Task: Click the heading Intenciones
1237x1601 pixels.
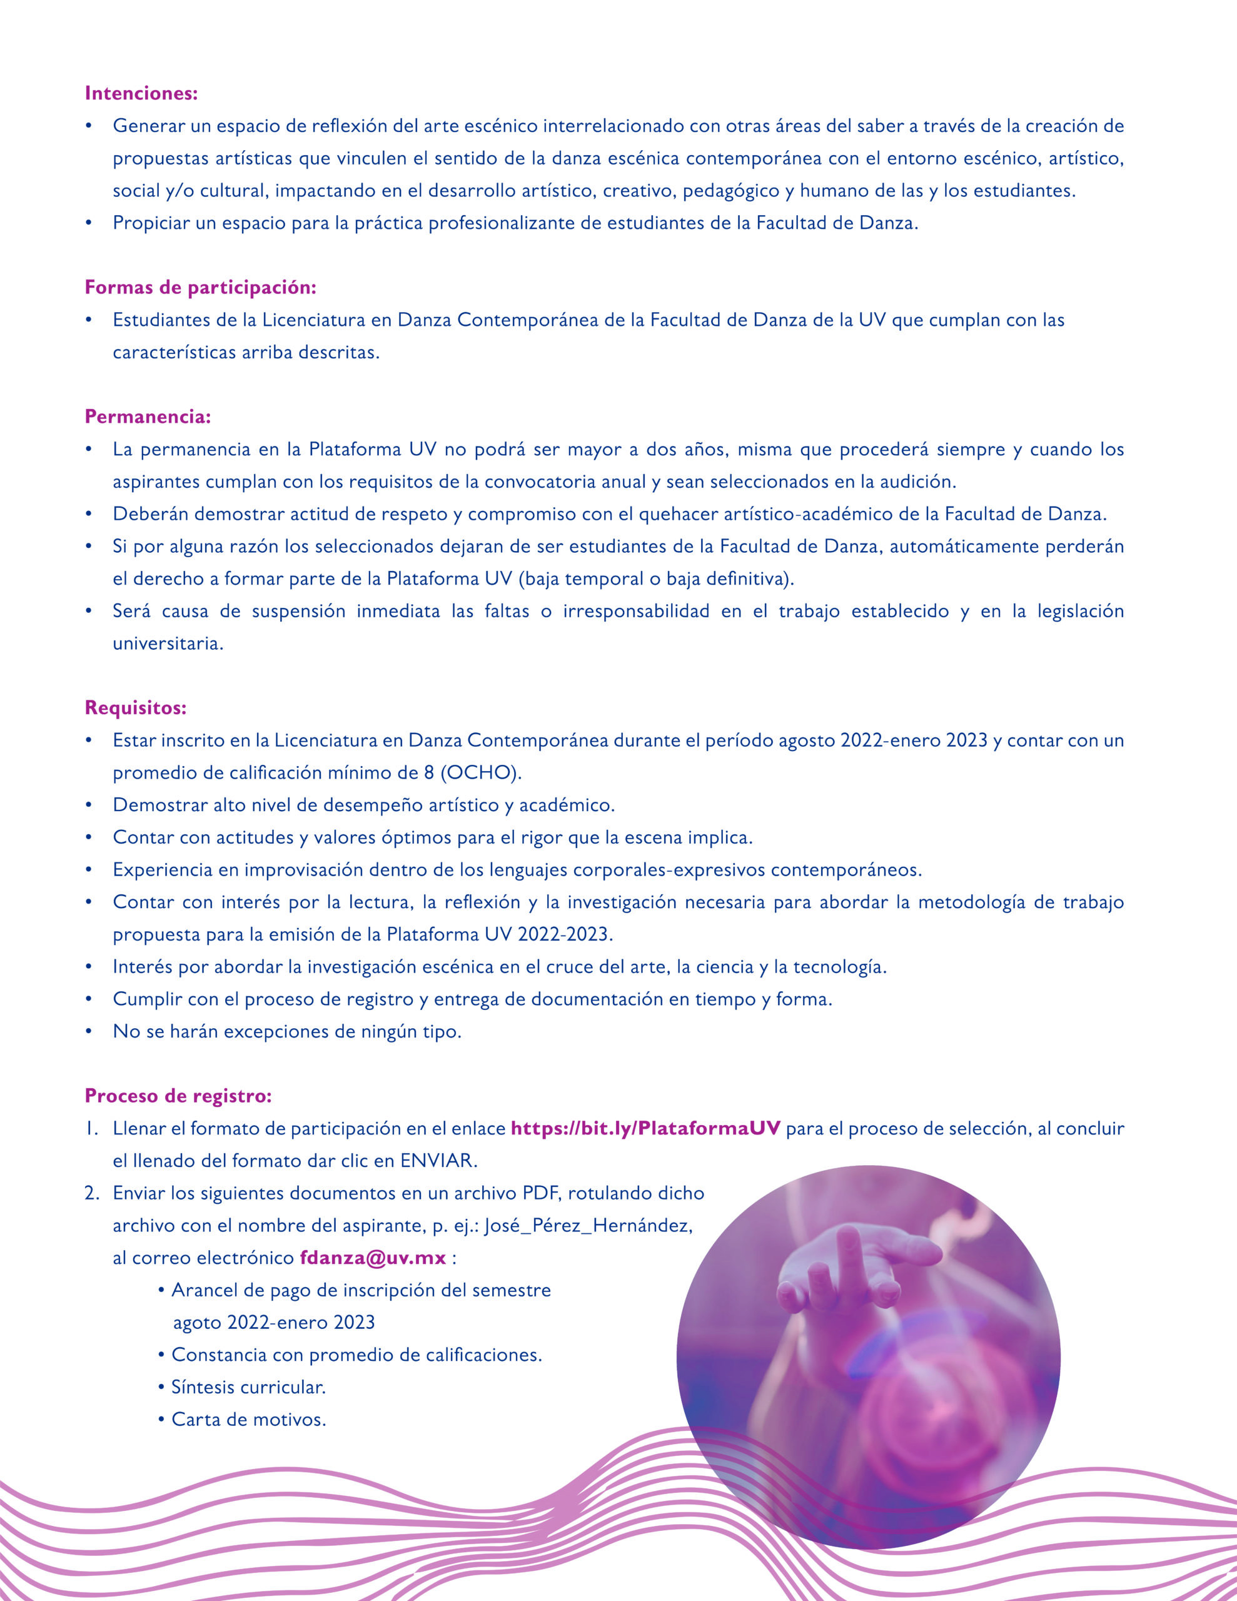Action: (141, 93)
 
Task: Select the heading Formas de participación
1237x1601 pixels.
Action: (200, 287)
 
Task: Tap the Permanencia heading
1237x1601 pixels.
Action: (148, 417)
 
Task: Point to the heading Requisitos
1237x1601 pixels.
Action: (136, 707)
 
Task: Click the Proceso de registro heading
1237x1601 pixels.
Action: (178, 1095)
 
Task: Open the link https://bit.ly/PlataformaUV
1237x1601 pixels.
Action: (645, 1128)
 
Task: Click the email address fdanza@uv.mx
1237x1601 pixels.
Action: (373, 1257)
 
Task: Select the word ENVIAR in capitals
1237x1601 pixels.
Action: (438, 1161)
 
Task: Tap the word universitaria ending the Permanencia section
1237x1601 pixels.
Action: (167, 644)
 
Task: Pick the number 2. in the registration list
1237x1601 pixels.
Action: (92, 1193)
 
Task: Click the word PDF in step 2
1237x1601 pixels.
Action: (541, 1193)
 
